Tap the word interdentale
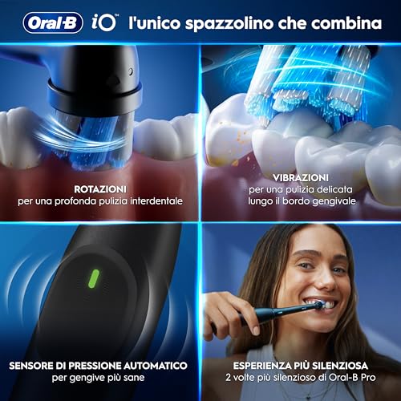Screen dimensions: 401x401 (x=157, y=200)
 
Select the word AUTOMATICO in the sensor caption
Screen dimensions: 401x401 (x=155, y=365)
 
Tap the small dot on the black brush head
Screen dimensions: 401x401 (x=132, y=71)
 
